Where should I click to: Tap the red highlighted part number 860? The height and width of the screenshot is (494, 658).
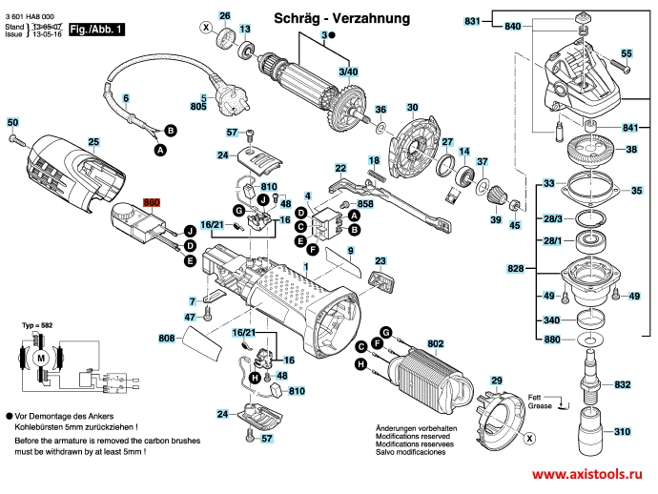coord(151,203)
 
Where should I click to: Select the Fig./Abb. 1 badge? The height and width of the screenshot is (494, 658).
coord(97,31)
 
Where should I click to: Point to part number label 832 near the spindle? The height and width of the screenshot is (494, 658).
coord(623,384)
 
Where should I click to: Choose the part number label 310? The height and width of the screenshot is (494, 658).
coord(623,431)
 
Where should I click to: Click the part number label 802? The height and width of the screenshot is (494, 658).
coord(436,343)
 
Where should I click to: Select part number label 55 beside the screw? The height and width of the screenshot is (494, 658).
coord(627,53)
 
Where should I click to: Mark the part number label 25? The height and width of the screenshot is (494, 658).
coord(93,142)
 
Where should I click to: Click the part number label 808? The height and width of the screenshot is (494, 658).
coord(167,339)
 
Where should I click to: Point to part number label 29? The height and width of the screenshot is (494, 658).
coord(496,381)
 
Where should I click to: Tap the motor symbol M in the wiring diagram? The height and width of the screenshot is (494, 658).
coord(41,356)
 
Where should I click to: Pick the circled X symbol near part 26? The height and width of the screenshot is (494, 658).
coord(205,29)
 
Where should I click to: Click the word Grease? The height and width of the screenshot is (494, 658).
coord(540,406)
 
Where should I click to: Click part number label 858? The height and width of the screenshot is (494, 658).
coord(365,204)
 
